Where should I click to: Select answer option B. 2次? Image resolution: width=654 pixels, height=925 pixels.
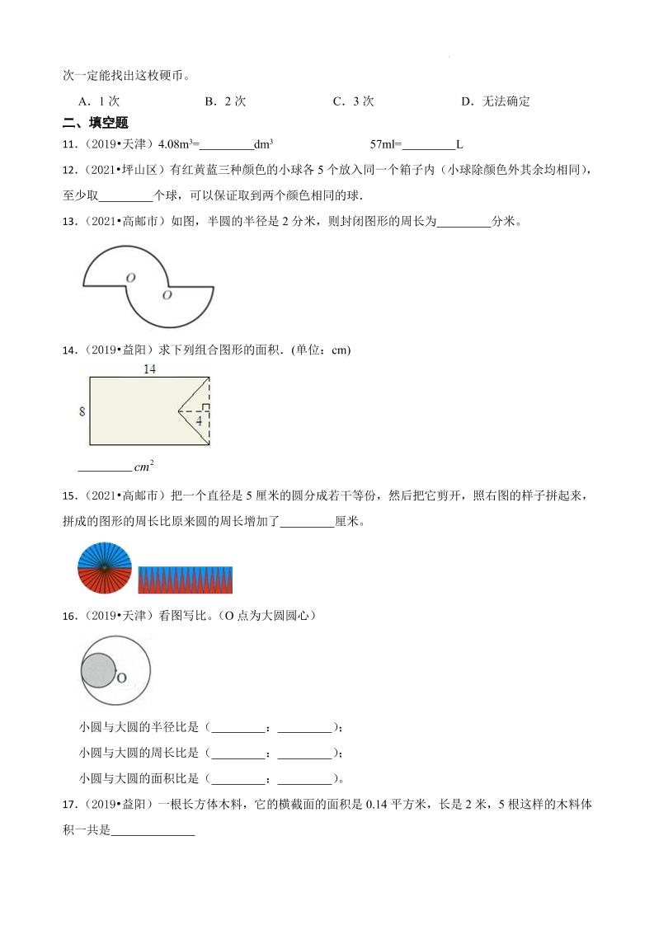coord(225,101)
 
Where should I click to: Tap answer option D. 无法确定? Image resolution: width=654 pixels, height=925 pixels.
coord(495,101)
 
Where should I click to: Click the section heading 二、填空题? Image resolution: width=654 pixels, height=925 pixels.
coord(96,123)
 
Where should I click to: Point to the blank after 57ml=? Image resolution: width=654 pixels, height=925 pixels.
coord(428,144)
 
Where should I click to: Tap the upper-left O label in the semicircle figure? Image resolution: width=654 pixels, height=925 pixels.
coord(130,278)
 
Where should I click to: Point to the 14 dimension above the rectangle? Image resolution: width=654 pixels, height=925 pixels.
coord(149,369)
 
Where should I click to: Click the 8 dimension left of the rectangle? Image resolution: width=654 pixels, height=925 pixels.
coord(82,411)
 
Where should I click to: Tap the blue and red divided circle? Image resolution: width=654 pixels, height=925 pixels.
coord(105,568)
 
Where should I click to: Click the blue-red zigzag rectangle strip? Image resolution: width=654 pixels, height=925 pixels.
coord(186,580)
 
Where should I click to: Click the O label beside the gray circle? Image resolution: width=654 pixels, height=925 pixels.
coord(120,678)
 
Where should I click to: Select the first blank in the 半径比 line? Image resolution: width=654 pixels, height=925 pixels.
coord(237,727)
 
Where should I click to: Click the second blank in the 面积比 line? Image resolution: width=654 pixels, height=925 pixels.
coord(304,778)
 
